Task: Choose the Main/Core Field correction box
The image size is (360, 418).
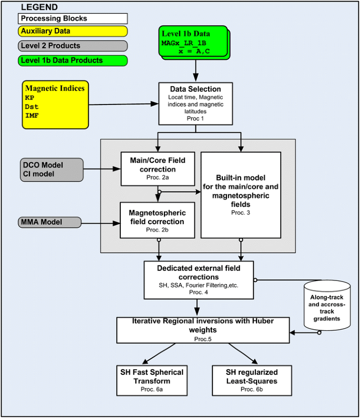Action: (x=155, y=168)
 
